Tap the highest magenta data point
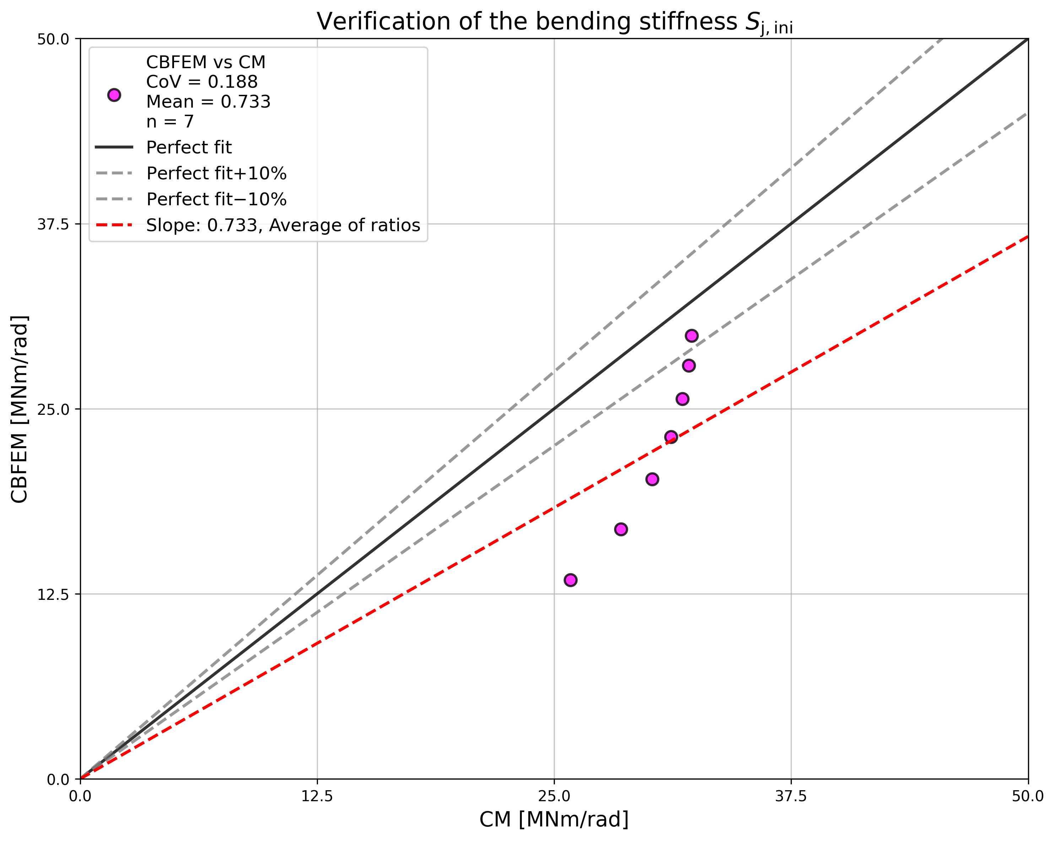pos(691,336)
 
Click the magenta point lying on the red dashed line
pos(671,437)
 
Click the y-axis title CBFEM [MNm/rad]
pos(20,409)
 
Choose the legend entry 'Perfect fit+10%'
pos(216,173)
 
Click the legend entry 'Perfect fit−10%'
pos(216,199)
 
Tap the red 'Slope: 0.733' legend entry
pos(283,225)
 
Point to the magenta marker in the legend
pos(114,95)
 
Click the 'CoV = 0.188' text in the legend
pos(202,82)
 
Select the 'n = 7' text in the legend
pos(170,121)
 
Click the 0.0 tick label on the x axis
pos(81,797)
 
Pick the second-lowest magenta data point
pos(621,530)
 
